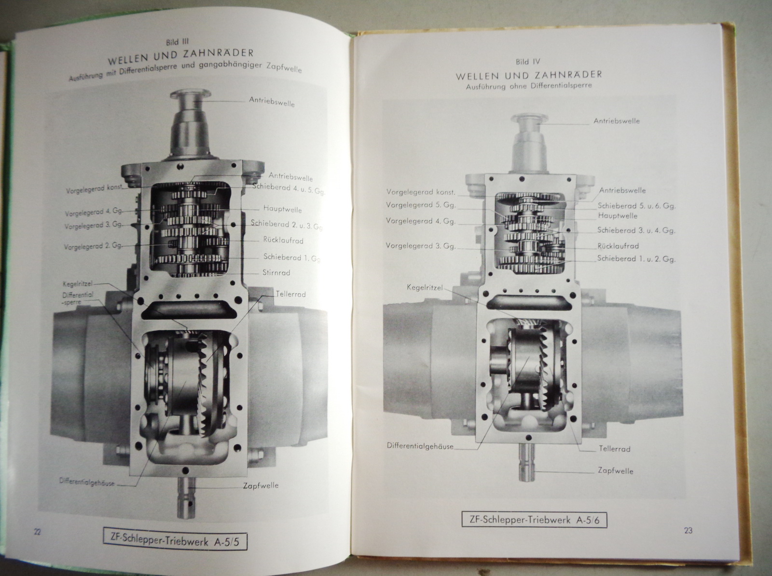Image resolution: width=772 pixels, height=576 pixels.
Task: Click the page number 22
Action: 37,531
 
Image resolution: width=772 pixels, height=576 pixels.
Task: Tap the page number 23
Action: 689,530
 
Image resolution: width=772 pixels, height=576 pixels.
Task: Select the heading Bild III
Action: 177,42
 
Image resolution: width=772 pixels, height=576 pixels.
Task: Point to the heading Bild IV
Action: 527,62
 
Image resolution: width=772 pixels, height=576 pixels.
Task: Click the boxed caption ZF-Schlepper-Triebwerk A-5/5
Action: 175,542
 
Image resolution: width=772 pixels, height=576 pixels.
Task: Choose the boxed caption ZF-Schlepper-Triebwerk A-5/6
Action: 534,520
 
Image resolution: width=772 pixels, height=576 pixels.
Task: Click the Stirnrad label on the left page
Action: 276,272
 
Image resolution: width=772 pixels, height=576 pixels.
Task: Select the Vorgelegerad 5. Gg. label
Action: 421,205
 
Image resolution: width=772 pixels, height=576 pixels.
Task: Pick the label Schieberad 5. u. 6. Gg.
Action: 636,206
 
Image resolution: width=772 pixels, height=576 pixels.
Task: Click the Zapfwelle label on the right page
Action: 616,470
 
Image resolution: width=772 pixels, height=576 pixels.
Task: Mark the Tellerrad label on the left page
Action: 290,294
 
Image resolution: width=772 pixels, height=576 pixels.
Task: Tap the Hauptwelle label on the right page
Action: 618,215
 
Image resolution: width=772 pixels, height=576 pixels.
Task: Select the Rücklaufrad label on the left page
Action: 283,240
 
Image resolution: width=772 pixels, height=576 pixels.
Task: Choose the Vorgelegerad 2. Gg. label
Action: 93,246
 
